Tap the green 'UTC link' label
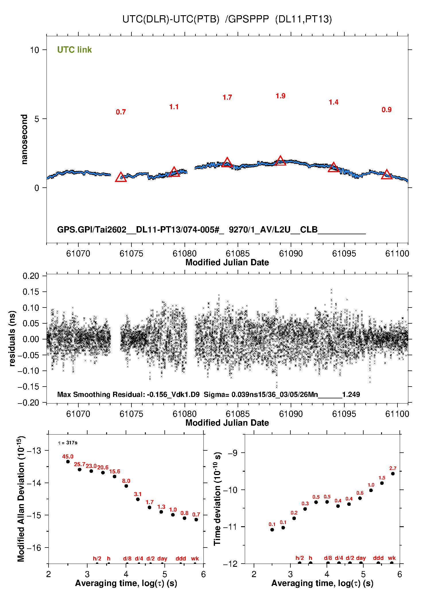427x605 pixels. (x=74, y=50)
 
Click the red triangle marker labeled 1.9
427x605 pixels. (x=280, y=161)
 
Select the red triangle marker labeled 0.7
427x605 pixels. (x=121, y=178)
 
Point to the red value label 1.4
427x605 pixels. (x=333, y=102)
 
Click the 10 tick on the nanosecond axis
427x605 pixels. (x=34, y=50)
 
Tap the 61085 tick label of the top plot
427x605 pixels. (x=238, y=253)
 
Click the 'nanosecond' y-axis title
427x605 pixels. (x=24, y=139)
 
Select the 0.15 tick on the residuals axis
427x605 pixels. (x=31, y=292)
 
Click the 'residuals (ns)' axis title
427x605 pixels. (x=12, y=338)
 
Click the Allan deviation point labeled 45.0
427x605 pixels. (x=68, y=462)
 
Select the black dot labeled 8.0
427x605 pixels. (x=126, y=486)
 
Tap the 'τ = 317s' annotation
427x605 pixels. (x=68, y=443)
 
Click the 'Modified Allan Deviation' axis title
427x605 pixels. (x=21, y=499)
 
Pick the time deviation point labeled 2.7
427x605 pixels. (x=393, y=474)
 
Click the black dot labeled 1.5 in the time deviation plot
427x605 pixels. (x=382, y=483)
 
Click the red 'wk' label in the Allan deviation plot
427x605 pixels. (x=195, y=558)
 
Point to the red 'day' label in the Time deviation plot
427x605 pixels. (x=361, y=558)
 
